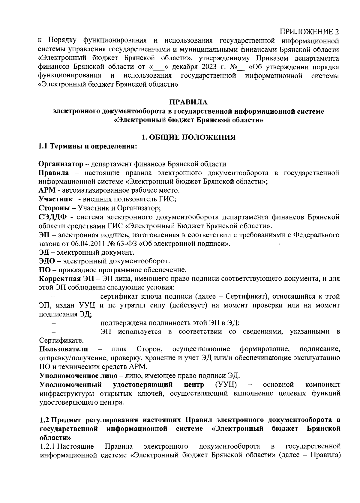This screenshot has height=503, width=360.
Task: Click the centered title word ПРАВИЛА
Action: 188,103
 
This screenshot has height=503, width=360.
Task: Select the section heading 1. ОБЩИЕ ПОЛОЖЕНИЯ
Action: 188,138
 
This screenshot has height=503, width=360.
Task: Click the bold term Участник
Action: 56,199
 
